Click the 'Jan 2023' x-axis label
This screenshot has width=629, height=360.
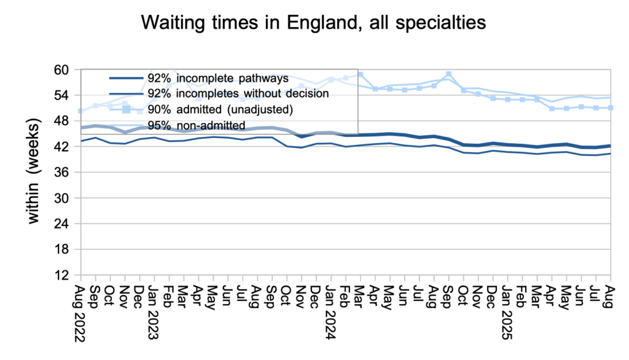[153, 307]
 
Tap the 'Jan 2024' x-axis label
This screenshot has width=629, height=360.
[330, 307]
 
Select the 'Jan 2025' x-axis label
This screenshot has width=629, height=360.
[507, 307]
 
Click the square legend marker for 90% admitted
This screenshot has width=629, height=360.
[127, 109]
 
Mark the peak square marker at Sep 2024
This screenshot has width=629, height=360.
[449, 74]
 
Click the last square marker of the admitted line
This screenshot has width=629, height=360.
[610, 108]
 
